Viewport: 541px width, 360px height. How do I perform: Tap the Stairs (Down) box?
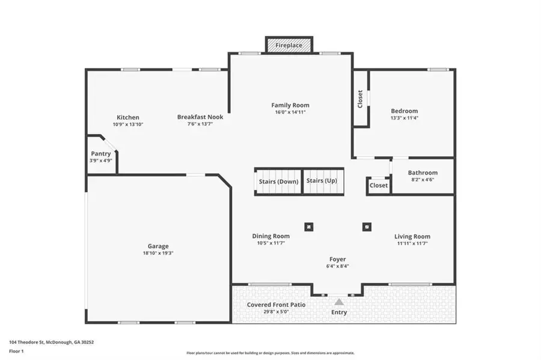(278, 182)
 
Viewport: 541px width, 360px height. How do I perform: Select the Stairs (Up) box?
(322, 181)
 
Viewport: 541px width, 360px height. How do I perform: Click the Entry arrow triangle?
(339, 302)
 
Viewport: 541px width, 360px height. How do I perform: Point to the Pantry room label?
(101, 154)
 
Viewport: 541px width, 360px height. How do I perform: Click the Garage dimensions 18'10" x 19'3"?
(158, 253)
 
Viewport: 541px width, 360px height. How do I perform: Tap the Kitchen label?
(128, 117)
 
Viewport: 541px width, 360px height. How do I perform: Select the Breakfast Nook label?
(200, 117)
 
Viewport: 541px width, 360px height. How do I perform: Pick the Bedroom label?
(404, 111)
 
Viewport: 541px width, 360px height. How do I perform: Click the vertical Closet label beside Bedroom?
(360, 99)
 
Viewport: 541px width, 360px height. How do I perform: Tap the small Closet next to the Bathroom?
(379, 186)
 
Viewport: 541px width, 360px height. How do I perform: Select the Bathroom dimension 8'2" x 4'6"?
(423, 180)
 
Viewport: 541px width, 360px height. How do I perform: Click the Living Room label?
(412, 236)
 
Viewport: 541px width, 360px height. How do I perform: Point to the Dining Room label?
(270, 236)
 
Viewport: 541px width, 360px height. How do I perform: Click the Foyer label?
(337, 259)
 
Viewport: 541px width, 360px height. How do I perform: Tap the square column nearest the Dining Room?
(308, 227)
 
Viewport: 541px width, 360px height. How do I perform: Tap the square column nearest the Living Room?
(366, 227)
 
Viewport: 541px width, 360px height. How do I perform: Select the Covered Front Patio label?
(276, 305)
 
